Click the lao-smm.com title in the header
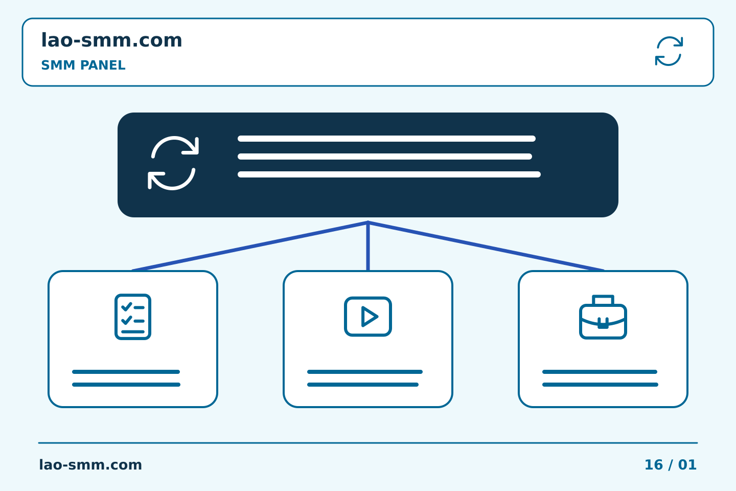click(x=111, y=40)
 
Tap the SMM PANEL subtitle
click(x=83, y=65)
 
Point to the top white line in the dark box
click(x=386, y=139)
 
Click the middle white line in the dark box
click(x=385, y=157)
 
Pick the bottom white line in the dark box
click(x=389, y=174)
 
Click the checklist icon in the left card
click(x=133, y=317)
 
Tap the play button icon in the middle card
click(x=368, y=317)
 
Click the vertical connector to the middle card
click(x=368, y=246)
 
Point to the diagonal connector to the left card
click(x=250, y=247)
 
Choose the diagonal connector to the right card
click(x=486, y=247)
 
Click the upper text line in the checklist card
click(x=126, y=372)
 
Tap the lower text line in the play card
click(x=363, y=385)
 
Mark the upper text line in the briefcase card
click(x=600, y=372)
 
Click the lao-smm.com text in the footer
click(x=90, y=465)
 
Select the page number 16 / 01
click(x=670, y=465)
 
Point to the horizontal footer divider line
click(x=368, y=443)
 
